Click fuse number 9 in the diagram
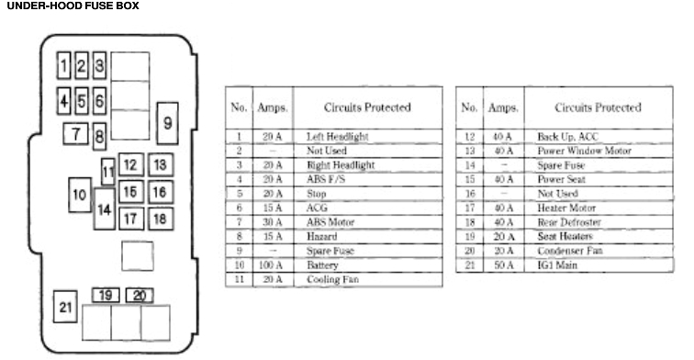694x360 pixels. tap(167, 122)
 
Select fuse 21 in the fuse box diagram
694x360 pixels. tap(65, 308)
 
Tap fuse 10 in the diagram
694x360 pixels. tap(79, 195)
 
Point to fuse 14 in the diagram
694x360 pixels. tap(104, 209)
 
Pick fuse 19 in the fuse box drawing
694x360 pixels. tap(106, 295)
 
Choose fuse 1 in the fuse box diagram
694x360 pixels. tap(64, 65)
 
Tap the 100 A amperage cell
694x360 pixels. tap(272, 264)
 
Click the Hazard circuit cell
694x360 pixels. tap(321, 236)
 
